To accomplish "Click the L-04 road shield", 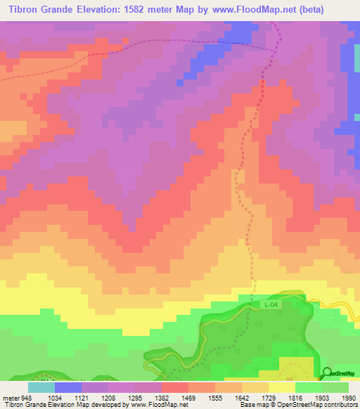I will (272, 304).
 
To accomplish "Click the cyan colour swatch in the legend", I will (41, 387).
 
